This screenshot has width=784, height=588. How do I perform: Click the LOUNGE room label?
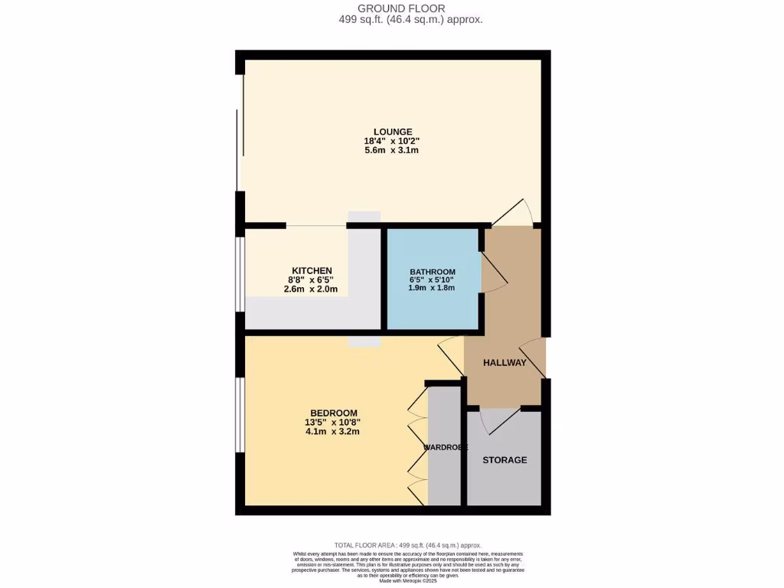click(392, 131)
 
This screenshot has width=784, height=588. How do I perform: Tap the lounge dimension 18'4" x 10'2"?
click(392, 141)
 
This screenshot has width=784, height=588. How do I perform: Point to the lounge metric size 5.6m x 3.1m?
click(392, 151)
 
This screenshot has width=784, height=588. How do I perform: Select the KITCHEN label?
click(310, 270)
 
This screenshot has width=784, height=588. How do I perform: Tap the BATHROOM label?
click(433, 272)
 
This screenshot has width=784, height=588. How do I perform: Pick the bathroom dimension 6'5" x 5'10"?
click(433, 280)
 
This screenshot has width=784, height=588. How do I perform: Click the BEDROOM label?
click(332, 411)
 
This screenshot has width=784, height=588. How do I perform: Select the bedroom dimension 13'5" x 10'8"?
click(332, 421)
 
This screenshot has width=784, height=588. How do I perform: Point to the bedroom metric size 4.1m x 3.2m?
click(332, 431)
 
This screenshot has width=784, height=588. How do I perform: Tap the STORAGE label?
click(505, 460)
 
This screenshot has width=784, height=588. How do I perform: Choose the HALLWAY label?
click(505, 363)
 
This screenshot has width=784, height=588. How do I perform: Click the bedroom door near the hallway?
click(450, 356)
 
